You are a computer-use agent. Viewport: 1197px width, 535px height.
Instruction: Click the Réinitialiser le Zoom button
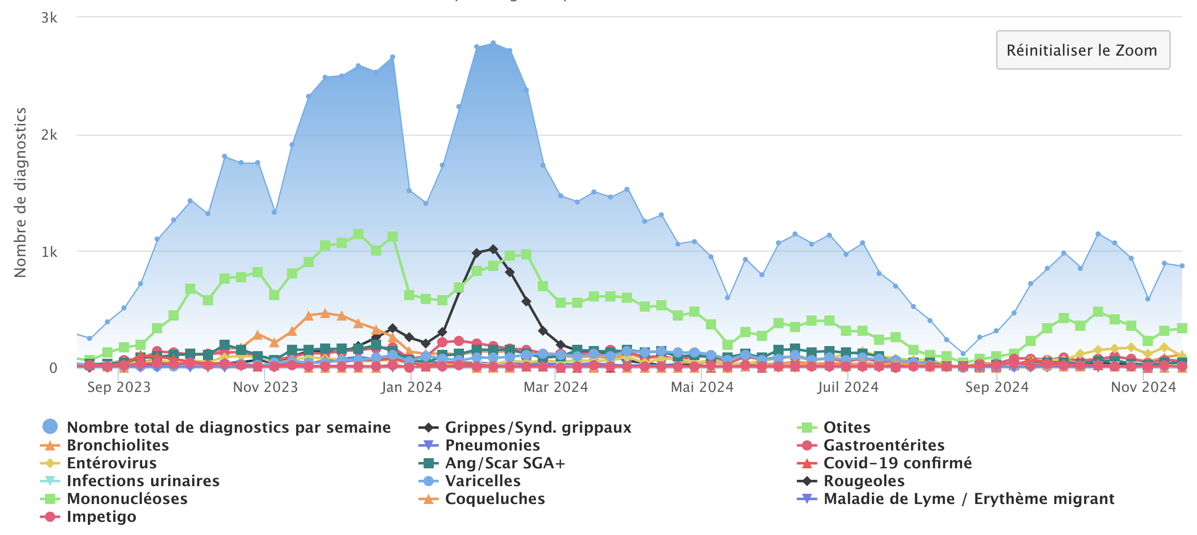point(1082,50)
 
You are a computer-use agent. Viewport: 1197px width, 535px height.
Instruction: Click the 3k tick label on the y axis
point(49,18)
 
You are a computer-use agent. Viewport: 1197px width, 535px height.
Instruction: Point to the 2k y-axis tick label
point(49,135)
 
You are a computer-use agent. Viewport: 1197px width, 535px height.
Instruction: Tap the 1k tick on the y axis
point(49,251)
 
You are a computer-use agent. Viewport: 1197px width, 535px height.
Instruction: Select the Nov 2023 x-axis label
point(265,387)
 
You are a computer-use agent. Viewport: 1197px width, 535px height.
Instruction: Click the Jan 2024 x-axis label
point(411,387)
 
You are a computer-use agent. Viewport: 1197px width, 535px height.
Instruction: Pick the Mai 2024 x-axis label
point(702,387)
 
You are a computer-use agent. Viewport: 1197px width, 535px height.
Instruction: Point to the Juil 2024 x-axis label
point(848,387)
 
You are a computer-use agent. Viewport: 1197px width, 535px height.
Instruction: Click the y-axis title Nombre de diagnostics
point(20,192)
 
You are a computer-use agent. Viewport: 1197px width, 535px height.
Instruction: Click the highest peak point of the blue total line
point(493,43)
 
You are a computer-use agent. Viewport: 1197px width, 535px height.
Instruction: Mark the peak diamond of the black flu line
point(493,250)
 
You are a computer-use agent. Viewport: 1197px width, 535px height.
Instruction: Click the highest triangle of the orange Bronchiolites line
point(325,313)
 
